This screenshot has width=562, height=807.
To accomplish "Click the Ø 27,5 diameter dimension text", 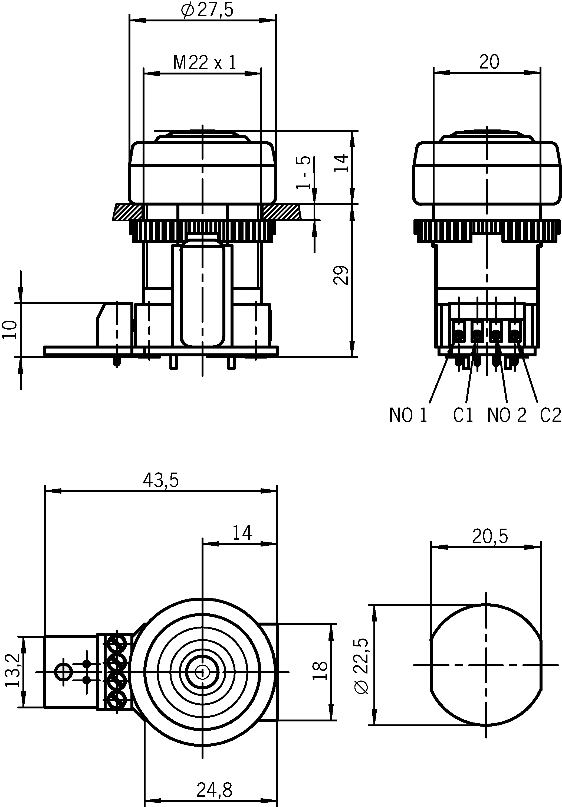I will click(x=207, y=11).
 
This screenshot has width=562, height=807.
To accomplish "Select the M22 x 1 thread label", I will click(x=205, y=63).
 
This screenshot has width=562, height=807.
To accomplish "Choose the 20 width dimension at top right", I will click(x=489, y=62).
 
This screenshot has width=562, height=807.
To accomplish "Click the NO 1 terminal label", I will click(x=408, y=415).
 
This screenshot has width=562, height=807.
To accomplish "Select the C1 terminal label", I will click(x=463, y=415).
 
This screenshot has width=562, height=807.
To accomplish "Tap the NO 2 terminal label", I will click(x=507, y=415).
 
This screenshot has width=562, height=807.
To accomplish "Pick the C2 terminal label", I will click(x=550, y=415).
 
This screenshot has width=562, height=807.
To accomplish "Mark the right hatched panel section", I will click(x=281, y=212).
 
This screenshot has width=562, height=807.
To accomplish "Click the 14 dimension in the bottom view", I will click(x=242, y=533).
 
